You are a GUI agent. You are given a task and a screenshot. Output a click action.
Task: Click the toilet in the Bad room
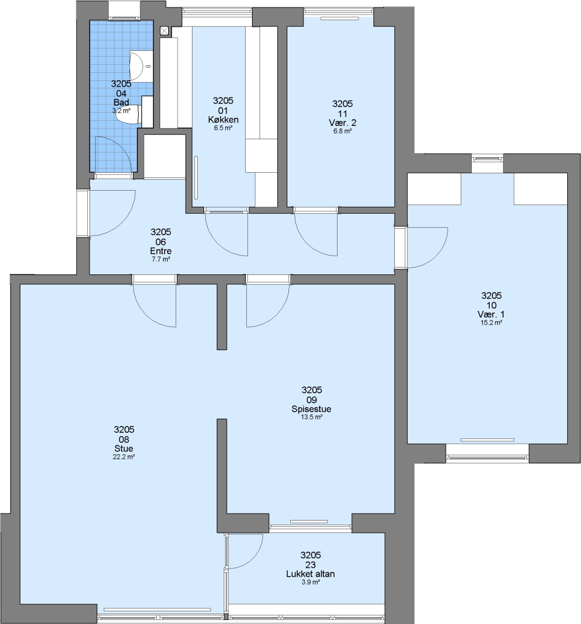click(128, 114)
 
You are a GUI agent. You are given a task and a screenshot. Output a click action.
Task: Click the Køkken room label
click(223, 120)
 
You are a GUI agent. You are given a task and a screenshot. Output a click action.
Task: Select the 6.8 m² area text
click(342, 131)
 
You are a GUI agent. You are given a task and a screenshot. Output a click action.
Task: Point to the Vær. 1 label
click(491, 314)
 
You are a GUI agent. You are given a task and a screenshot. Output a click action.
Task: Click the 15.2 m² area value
click(491, 323)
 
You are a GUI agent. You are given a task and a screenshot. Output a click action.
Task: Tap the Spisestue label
click(312, 409)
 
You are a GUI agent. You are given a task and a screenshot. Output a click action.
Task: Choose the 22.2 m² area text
click(124, 457)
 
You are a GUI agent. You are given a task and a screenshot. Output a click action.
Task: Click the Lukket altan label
click(310, 574)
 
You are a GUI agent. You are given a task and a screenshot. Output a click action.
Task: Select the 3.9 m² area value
click(310, 582)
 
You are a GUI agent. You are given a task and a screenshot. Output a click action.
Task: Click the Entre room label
click(161, 251)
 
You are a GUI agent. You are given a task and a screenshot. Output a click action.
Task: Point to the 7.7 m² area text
click(161, 259)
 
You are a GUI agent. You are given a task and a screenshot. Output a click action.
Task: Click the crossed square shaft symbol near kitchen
click(164, 31)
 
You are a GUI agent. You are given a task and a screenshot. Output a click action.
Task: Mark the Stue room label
click(124, 448)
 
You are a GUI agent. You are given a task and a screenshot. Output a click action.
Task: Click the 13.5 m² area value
click(312, 418)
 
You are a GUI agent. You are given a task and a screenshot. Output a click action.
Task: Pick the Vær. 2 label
click(342, 122)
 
